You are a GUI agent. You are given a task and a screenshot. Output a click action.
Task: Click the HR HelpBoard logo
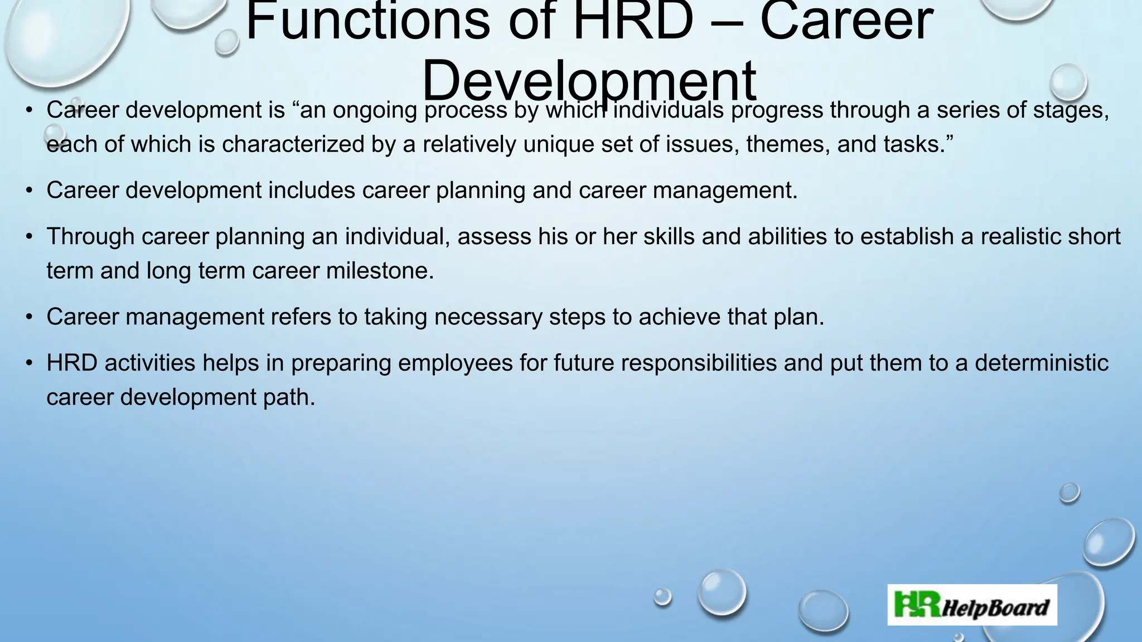[972, 605]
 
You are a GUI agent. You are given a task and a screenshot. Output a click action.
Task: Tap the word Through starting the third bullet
[90, 237]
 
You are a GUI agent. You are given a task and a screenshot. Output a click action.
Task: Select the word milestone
[379, 271]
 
